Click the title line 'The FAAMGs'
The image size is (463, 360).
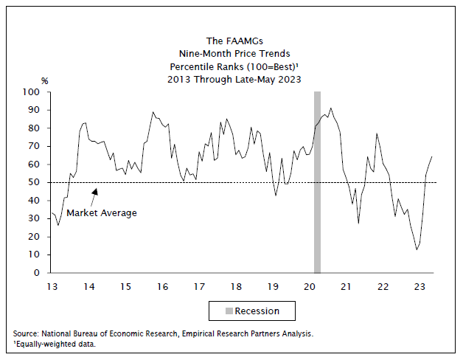point(234,41)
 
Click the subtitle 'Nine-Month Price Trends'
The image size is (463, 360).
point(234,53)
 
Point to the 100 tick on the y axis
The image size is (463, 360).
point(32,92)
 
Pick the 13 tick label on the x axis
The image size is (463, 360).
point(52,286)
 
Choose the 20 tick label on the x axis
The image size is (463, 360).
point(310,286)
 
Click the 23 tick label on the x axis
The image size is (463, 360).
point(421,286)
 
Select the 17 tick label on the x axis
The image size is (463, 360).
point(199,286)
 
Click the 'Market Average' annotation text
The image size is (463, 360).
point(102,212)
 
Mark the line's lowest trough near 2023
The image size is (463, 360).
point(417,249)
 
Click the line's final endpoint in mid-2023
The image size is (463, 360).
point(431,156)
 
